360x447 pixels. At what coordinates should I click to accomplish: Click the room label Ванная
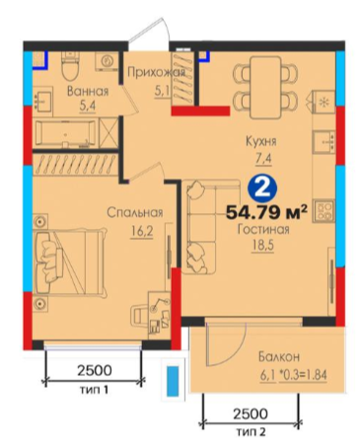click(x=88, y=91)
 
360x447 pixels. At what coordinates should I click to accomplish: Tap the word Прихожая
click(x=156, y=72)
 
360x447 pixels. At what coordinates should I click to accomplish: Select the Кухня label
click(x=261, y=142)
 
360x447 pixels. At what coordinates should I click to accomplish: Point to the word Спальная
click(x=135, y=213)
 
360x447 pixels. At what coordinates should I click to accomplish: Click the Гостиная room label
click(x=263, y=229)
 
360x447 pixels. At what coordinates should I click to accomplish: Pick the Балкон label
click(x=279, y=356)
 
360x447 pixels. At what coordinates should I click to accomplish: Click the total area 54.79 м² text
click(x=266, y=212)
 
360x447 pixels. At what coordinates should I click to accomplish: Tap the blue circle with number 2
click(x=262, y=188)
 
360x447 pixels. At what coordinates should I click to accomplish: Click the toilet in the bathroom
click(x=71, y=65)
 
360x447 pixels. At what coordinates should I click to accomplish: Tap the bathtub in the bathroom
click(x=66, y=133)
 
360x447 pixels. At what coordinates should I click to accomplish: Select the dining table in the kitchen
click(x=265, y=87)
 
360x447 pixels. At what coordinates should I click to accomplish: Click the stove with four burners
click(x=324, y=211)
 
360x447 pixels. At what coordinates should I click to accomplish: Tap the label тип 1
click(x=95, y=390)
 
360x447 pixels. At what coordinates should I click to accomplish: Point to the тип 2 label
click(x=251, y=431)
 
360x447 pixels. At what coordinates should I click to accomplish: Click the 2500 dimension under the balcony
click(x=251, y=413)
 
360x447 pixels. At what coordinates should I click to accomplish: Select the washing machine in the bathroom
click(x=107, y=61)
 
